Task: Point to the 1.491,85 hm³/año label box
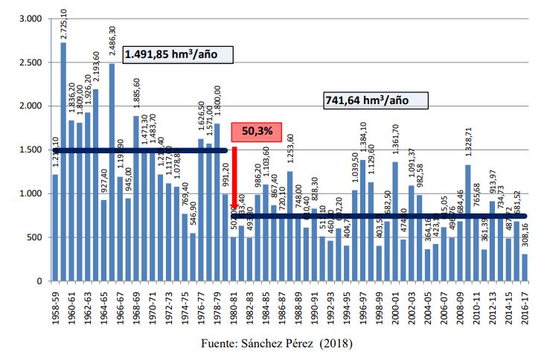179,54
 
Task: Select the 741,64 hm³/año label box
366,99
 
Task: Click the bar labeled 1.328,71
467,223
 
